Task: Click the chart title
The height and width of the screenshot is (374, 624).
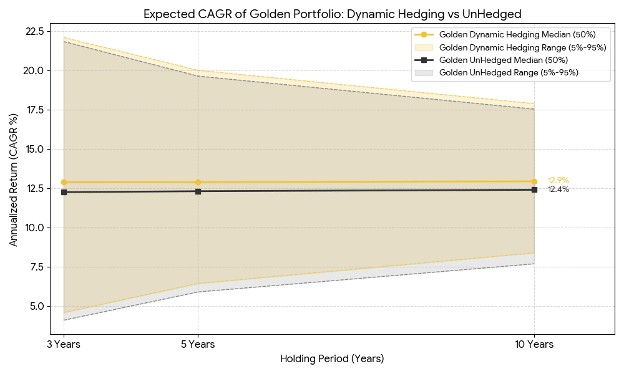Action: [332, 14]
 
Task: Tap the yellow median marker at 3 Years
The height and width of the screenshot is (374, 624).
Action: [64, 183]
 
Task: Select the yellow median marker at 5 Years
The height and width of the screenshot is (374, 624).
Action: [198, 183]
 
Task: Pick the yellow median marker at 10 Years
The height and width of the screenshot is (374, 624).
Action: [534, 181]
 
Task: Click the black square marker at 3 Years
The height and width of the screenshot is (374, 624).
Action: [64, 192]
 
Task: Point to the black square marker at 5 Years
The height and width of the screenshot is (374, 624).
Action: [198, 191]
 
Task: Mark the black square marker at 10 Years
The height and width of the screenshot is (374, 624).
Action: [534, 189]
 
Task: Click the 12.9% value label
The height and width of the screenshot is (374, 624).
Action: [558, 181]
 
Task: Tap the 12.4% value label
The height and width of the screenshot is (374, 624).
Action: [558, 189]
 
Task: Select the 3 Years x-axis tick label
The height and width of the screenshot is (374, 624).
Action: [64, 345]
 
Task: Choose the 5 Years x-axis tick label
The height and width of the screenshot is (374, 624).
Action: [198, 345]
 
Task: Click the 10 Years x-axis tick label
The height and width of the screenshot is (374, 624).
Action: [534, 345]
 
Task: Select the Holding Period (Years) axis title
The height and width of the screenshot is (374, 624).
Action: [332, 359]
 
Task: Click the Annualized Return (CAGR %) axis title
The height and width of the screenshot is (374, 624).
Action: [14, 181]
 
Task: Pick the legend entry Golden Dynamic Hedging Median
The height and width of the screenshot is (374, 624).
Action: [505, 35]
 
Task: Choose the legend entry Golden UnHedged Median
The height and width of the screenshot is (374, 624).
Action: [503, 60]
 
